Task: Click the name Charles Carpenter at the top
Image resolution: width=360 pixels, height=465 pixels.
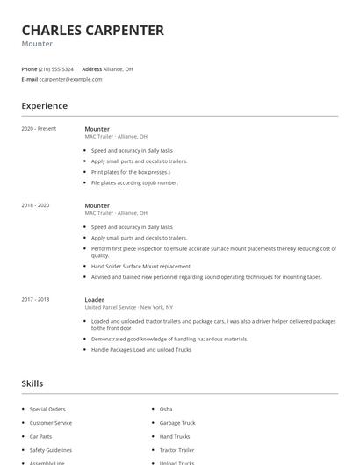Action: point(92,30)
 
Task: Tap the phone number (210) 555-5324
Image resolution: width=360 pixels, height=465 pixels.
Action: point(56,68)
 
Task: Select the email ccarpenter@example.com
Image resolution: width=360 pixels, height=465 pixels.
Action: point(71,79)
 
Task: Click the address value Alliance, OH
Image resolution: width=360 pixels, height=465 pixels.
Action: point(119,68)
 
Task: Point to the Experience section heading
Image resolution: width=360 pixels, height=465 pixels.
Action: point(44,106)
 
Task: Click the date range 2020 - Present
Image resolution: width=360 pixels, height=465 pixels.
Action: point(39,129)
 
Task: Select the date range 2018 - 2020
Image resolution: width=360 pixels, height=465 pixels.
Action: point(35,205)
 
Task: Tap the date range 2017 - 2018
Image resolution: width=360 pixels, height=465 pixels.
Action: point(35,300)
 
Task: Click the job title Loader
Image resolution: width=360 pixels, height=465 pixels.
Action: point(94,300)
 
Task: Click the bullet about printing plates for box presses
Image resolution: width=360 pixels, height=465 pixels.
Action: point(132,172)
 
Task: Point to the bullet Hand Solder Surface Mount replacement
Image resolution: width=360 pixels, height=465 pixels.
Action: point(140,266)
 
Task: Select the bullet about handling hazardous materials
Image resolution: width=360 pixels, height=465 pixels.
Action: point(157,339)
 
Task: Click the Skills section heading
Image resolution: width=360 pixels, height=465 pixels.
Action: point(32,383)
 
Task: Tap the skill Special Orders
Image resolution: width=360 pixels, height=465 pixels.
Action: point(47,410)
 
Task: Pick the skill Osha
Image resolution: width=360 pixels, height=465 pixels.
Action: point(166,410)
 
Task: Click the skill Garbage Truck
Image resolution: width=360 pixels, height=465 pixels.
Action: point(177,423)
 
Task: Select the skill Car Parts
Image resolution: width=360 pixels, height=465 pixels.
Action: point(41,436)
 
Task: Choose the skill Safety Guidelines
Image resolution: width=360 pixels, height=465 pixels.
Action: point(52,449)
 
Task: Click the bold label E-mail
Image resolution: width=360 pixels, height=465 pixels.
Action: point(30,79)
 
